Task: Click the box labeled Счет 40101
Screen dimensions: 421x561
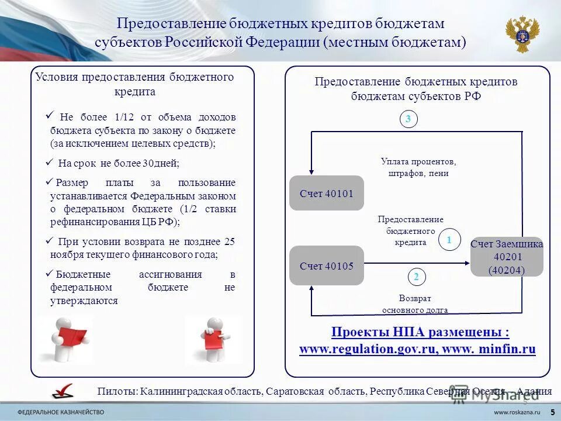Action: coord(327,193)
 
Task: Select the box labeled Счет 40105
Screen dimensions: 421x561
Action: coord(327,265)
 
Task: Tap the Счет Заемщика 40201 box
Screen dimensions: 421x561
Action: coord(507,257)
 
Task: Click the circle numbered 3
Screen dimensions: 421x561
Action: coord(408,119)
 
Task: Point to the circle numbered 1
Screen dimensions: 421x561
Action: coord(449,240)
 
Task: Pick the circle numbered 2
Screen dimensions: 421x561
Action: coord(416,277)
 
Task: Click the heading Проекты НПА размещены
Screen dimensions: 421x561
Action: coord(420,332)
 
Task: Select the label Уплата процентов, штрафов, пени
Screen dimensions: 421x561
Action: coord(418,167)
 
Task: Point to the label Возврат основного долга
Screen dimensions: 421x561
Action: coord(415,304)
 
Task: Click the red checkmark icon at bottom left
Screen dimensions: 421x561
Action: coord(63,391)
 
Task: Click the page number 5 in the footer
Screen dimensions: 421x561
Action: coord(552,412)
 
